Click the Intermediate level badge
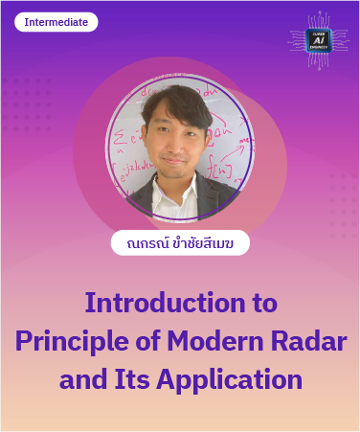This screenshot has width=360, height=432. click(x=56, y=22)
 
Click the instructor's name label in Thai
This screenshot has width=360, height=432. click(x=180, y=242)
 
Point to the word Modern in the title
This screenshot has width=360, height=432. click(x=213, y=340)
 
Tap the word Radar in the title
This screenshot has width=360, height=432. click(x=305, y=340)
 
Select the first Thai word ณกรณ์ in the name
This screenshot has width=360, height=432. click(x=140, y=243)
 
